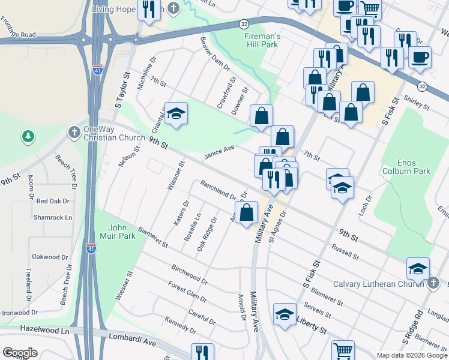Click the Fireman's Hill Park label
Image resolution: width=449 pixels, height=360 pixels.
[x=262, y=40]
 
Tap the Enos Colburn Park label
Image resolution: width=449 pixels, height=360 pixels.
[x=414, y=167]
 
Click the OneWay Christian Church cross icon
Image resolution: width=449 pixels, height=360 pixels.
[x=74, y=131]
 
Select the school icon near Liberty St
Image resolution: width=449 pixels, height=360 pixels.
[x=285, y=314]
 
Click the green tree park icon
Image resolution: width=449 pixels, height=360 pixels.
[x=28, y=137]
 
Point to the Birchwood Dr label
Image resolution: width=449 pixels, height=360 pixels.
[x=189, y=274]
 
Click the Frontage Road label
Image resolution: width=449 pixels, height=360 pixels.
[x=18, y=35]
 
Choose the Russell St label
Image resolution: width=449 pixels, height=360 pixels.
[x=345, y=253]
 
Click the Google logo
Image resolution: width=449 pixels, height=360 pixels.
[x=20, y=352]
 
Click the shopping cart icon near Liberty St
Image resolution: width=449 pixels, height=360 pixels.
[x=343, y=350]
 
